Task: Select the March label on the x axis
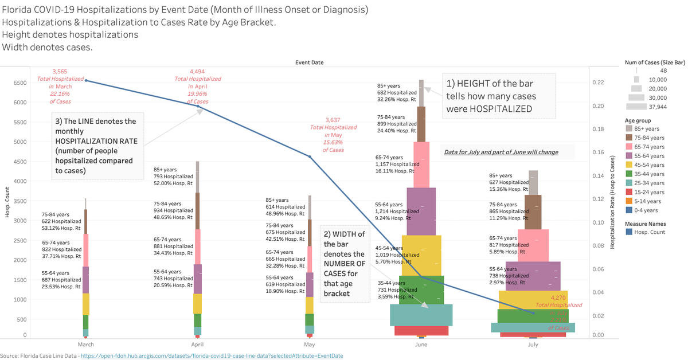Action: tap(85, 345)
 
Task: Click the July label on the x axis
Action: tap(533, 345)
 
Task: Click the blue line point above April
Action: tap(198, 106)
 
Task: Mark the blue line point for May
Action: tap(310, 156)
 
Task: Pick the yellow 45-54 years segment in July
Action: tap(533, 300)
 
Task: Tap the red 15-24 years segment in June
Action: tap(421, 330)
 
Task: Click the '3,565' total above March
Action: tap(60, 72)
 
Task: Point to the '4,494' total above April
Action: tap(197, 72)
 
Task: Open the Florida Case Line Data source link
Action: tap(212, 356)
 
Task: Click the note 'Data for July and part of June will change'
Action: tap(501, 152)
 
